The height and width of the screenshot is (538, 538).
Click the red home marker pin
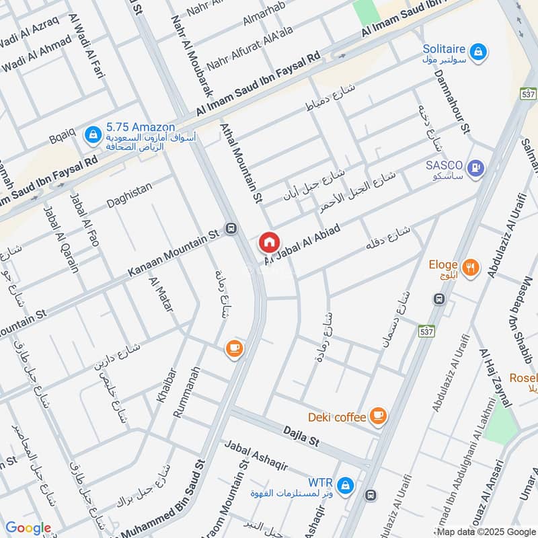tap(269, 242)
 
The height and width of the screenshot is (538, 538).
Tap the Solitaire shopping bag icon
tap(477, 51)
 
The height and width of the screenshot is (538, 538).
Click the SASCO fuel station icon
tap(476, 167)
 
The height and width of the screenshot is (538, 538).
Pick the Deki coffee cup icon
tap(379, 416)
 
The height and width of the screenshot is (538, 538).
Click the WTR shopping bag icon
tap(345, 484)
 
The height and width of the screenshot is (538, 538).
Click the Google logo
tap(28, 529)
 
